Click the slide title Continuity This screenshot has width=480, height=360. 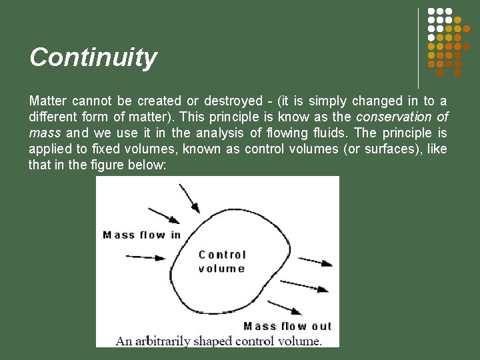click(93, 57)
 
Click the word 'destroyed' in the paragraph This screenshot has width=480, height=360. click(233, 101)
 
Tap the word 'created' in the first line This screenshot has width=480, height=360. click(159, 101)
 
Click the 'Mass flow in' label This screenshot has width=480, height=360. click(141, 235)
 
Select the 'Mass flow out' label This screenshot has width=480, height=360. click(287, 326)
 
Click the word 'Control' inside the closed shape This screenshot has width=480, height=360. click(222, 255)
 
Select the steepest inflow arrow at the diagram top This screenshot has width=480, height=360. click(189, 197)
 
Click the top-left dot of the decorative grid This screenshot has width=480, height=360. click(431, 12)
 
